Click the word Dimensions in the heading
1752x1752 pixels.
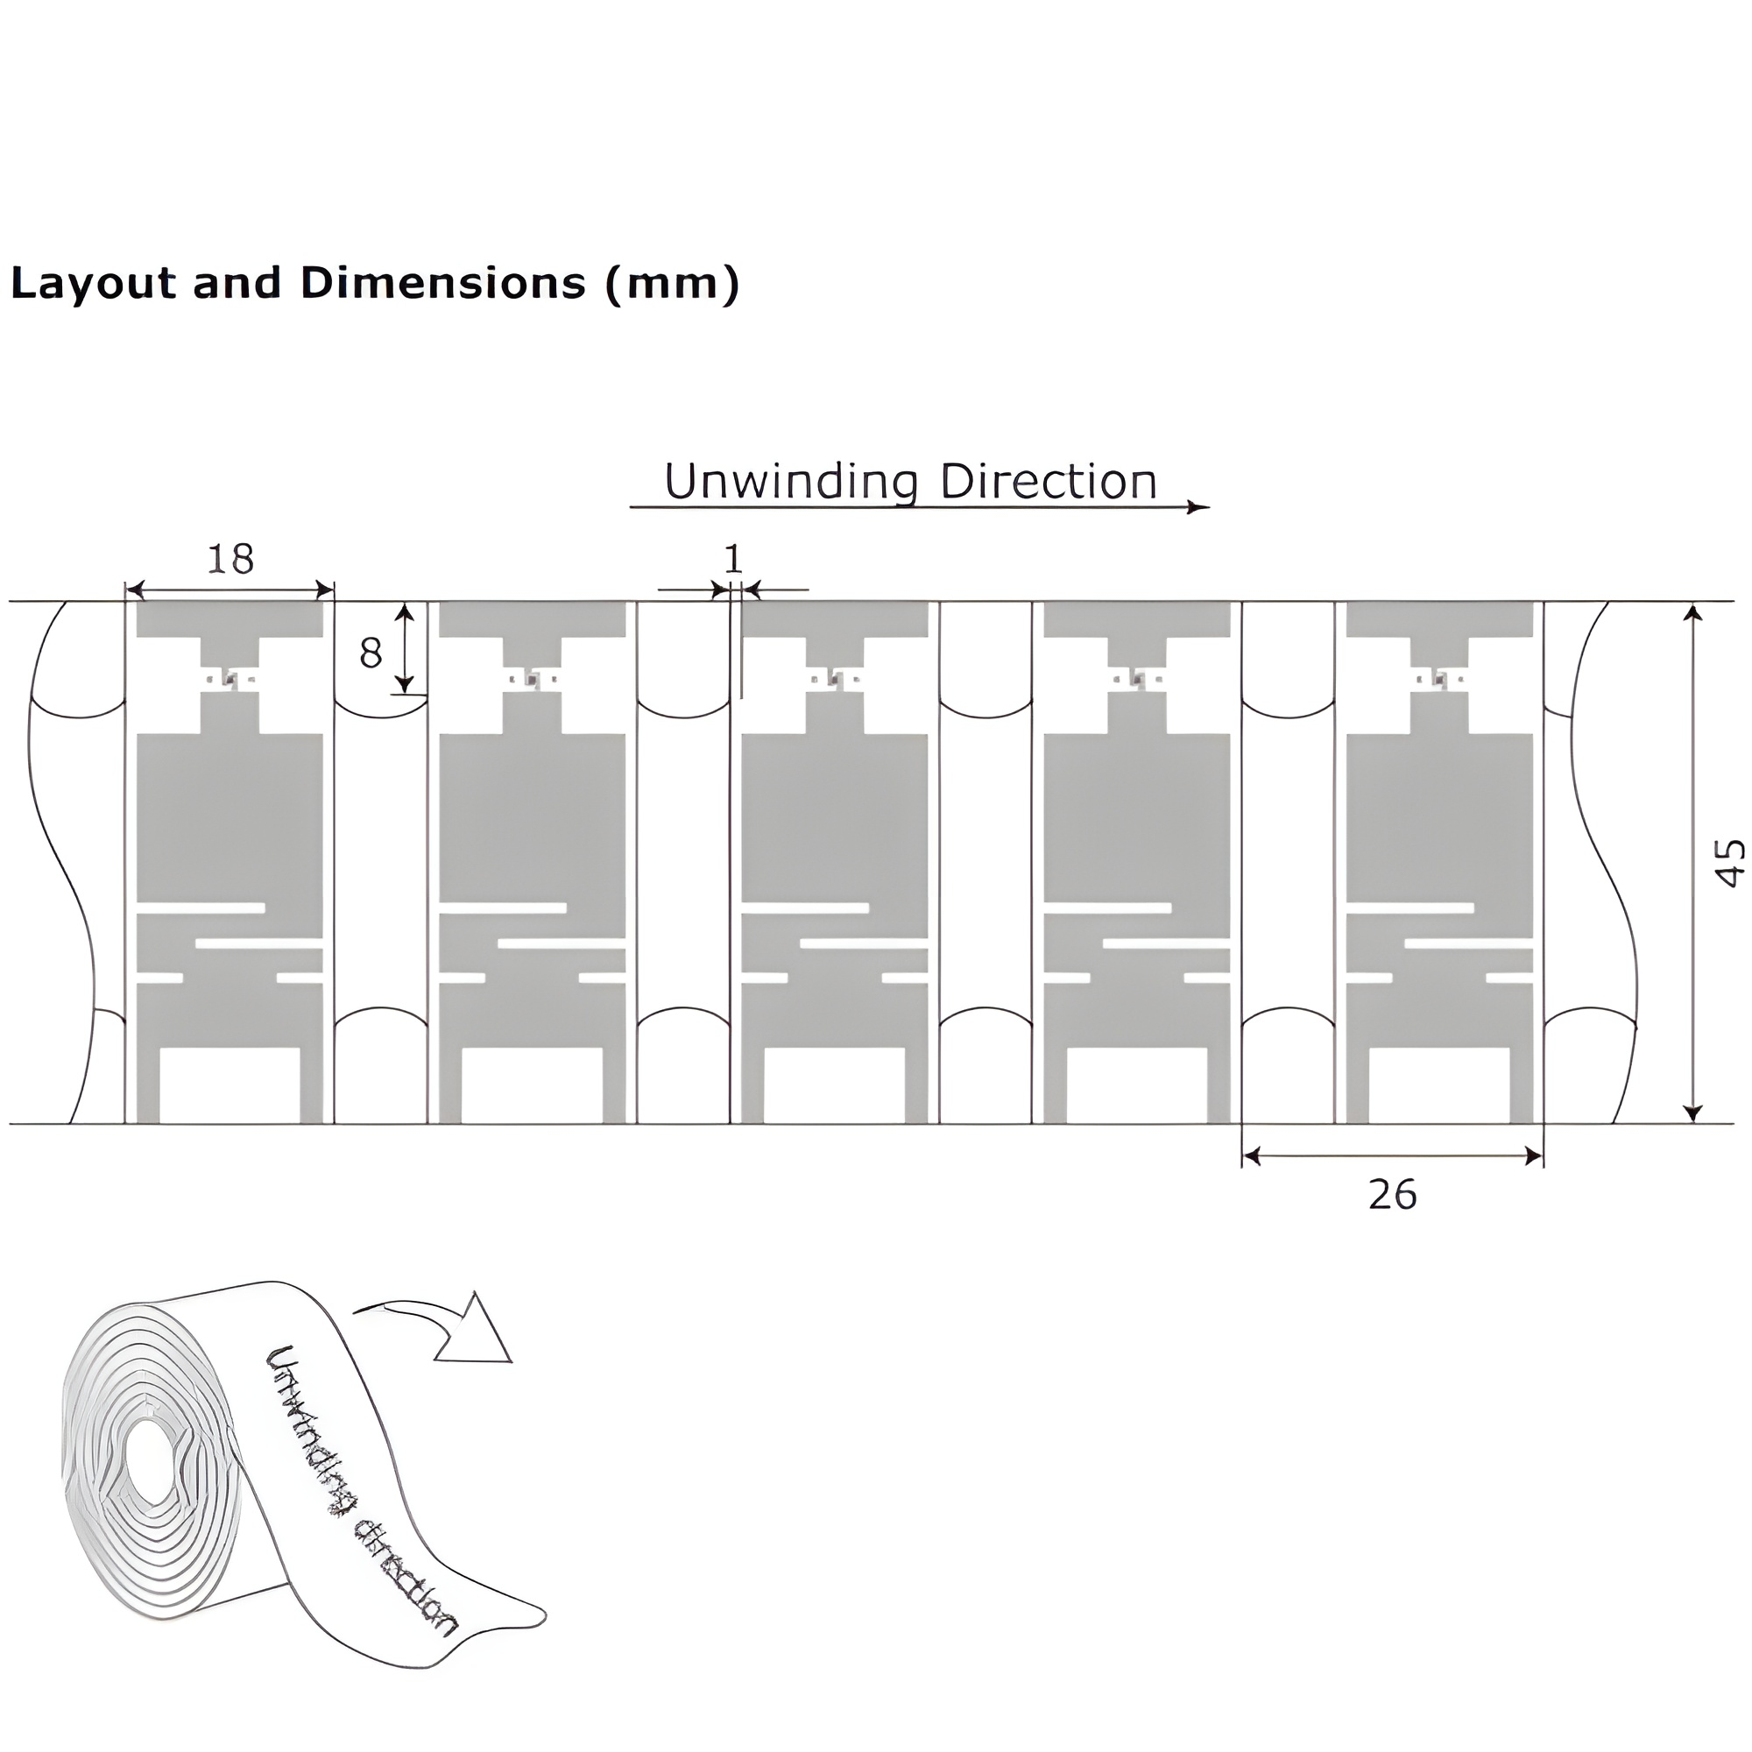[x=443, y=284]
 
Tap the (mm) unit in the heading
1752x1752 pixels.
[x=672, y=284]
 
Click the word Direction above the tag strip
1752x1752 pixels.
[x=1049, y=482]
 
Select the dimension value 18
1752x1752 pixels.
[x=230, y=560]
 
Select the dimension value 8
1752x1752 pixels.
[x=370, y=653]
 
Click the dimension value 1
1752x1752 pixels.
[x=732, y=559]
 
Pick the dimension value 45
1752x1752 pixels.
[x=1730, y=862]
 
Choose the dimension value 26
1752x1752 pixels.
[x=1392, y=1196]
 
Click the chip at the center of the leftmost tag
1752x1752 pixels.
[x=230, y=679]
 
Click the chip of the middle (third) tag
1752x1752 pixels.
[x=835, y=678]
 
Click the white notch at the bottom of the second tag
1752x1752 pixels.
[x=533, y=1085]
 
